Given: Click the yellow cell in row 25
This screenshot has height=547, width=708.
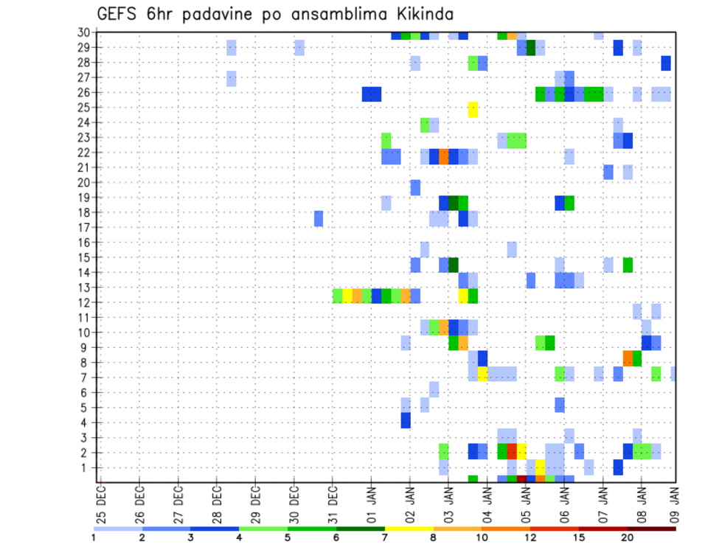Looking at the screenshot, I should (x=473, y=109).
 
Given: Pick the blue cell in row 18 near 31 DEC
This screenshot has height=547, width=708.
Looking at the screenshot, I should (x=319, y=219).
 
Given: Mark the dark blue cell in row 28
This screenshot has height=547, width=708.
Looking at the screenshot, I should (x=666, y=63).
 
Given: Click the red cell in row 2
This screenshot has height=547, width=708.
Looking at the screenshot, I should (x=512, y=450).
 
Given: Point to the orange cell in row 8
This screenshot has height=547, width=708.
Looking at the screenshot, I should (x=628, y=358).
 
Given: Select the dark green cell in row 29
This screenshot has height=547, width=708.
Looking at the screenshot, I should (x=531, y=48).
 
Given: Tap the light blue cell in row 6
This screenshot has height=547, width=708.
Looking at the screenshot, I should (x=434, y=389).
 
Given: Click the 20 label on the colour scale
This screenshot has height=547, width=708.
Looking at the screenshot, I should (x=628, y=537).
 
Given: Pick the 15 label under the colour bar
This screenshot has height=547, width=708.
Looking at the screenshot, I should (x=579, y=537).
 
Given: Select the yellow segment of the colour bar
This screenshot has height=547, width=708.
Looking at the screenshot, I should (x=409, y=528).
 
